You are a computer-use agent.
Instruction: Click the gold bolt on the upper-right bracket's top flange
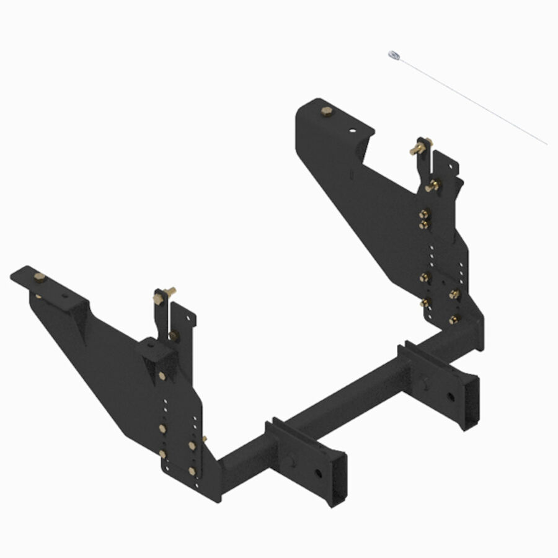[x=327, y=112]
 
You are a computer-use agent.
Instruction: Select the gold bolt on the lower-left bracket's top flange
[x=39, y=277]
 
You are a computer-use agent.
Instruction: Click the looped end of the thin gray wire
[x=392, y=55]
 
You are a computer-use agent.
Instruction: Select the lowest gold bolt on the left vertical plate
[x=192, y=471]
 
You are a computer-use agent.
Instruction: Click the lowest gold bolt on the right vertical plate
[x=454, y=320]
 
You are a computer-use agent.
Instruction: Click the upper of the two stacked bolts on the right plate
[x=424, y=214]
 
